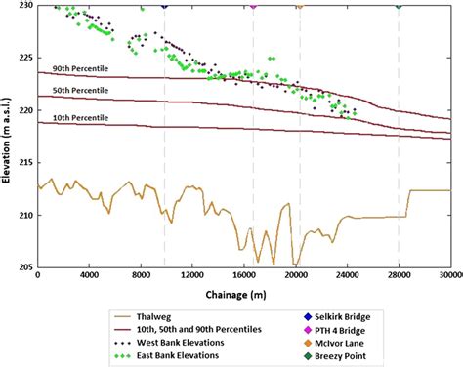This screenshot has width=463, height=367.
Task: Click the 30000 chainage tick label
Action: click(449, 276)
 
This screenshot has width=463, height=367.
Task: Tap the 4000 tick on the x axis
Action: click(89, 276)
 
